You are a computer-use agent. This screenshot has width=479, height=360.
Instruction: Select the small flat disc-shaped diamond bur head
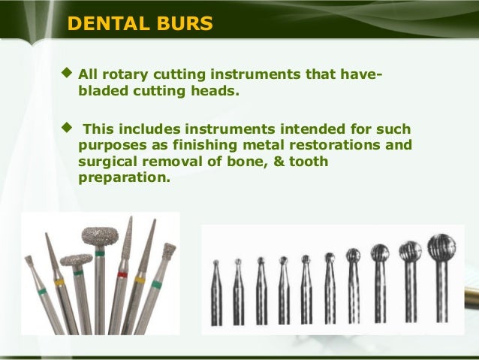click(x=76, y=260)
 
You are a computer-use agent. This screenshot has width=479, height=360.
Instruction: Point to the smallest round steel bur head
click(x=215, y=265)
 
